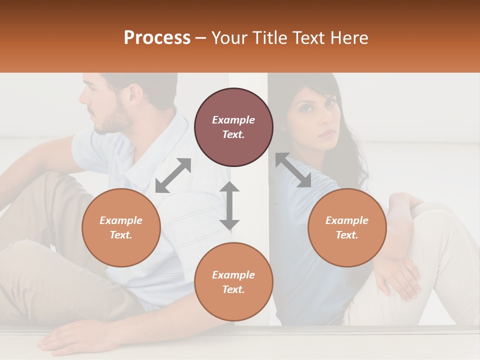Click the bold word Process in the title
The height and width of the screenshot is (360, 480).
[157, 37]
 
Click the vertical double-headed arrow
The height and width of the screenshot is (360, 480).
[229, 205]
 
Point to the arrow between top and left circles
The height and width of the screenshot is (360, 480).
[173, 175]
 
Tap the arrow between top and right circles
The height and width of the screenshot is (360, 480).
[293, 170]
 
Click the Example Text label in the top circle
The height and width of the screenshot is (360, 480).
[233, 127]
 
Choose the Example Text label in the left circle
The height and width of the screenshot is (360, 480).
[121, 227]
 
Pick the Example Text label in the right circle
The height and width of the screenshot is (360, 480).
[347, 227]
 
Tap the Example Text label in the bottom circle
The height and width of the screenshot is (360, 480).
[233, 282]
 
